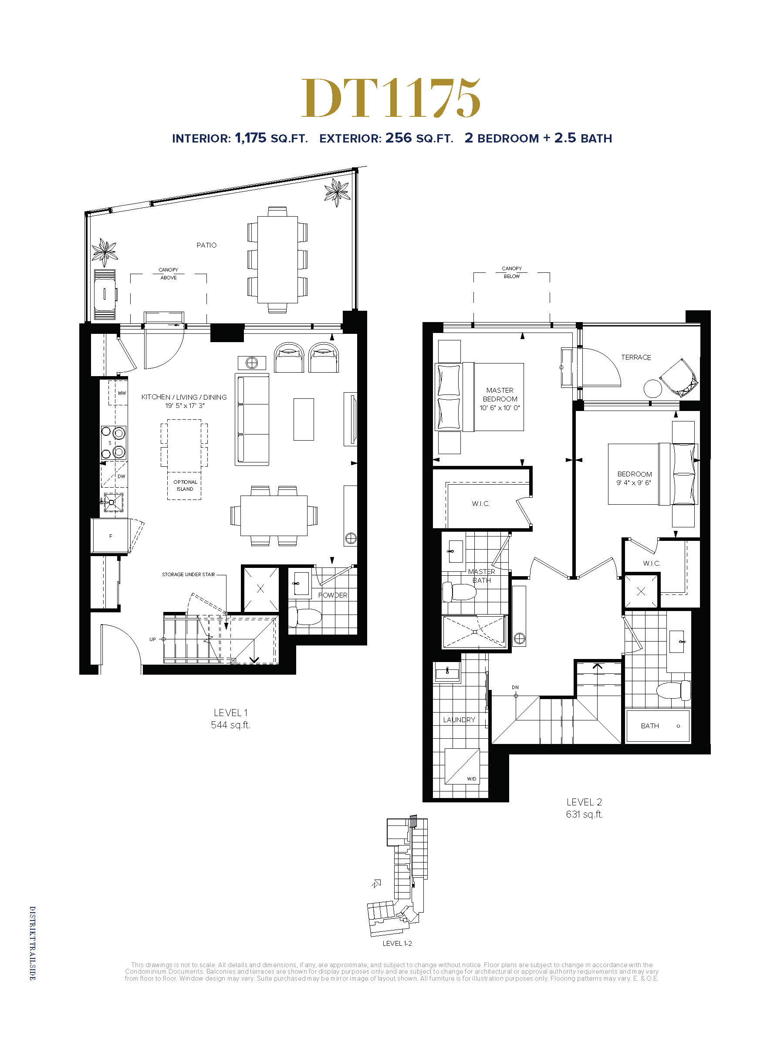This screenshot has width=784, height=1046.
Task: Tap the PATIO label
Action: [x=206, y=245]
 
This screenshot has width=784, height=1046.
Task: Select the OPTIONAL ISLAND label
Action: [x=185, y=486]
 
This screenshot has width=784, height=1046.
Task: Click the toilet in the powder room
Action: [x=305, y=616]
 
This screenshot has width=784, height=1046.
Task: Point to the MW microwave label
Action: [x=122, y=393]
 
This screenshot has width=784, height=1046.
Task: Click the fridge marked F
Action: [x=110, y=536]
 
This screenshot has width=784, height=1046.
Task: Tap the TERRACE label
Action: [x=635, y=357]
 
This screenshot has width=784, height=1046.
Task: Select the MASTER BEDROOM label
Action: [x=500, y=394]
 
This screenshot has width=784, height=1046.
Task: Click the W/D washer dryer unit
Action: [x=462, y=766]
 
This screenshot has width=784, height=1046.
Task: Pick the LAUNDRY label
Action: [x=459, y=720]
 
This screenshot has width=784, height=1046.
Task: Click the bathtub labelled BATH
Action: [x=658, y=726]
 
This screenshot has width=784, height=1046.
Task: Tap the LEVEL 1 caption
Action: [x=230, y=713]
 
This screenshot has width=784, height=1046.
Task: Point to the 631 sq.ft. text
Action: [x=585, y=814]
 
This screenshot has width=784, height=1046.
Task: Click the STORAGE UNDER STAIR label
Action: [x=189, y=574]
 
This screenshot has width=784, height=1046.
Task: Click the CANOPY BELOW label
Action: [x=512, y=272]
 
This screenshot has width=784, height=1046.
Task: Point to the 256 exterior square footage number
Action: [x=399, y=138]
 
